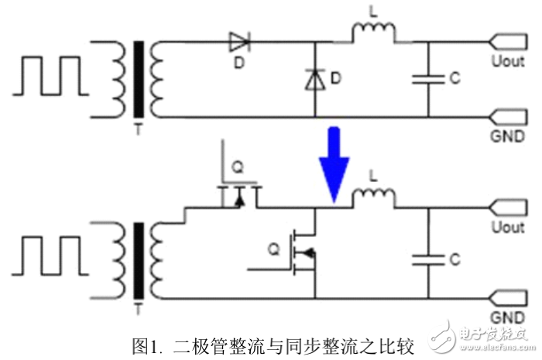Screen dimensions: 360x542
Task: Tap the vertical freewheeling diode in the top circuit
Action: (x=314, y=79)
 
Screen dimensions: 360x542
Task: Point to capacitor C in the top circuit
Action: (x=428, y=77)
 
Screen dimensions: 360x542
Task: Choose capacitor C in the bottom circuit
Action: (x=428, y=259)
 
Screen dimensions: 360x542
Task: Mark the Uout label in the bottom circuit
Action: (x=506, y=228)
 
